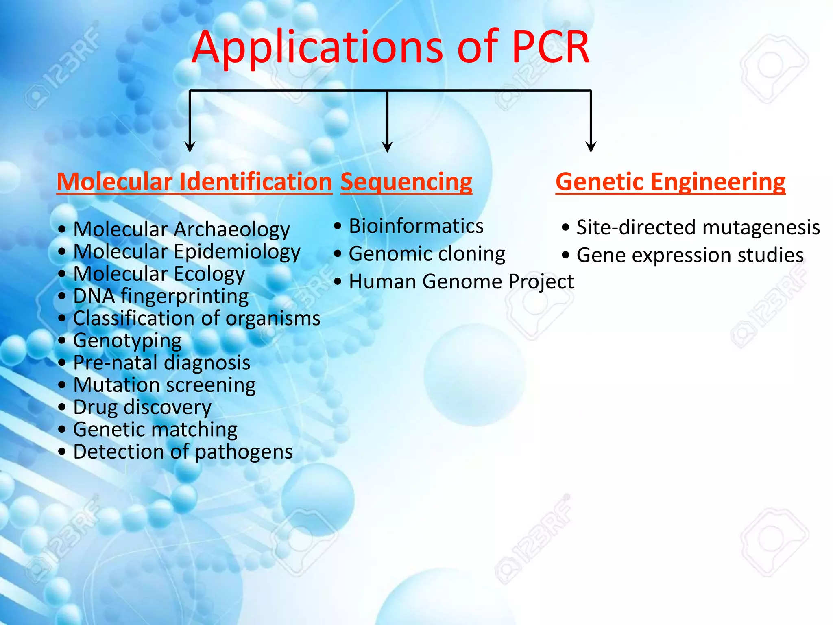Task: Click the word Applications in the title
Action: (x=317, y=48)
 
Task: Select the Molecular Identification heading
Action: (x=194, y=181)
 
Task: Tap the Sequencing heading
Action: (x=406, y=181)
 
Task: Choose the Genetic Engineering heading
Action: (x=670, y=181)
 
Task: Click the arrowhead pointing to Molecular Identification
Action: (x=190, y=146)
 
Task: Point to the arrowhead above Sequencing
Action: (x=387, y=146)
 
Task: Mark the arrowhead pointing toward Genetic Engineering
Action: (x=591, y=146)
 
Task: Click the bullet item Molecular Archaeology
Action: (x=181, y=229)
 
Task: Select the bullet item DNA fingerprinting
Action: (x=161, y=296)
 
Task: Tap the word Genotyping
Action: (x=127, y=341)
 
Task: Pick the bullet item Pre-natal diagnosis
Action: (x=161, y=363)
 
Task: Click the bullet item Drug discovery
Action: (x=142, y=407)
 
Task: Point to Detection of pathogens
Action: (x=183, y=452)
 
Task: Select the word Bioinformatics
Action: (x=416, y=226)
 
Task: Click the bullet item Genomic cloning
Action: (x=427, y=254)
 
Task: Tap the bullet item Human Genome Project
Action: (x=461, y=282)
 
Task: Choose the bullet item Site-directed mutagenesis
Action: (x=698, y=227)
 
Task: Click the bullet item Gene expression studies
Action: (x=690, y=255)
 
